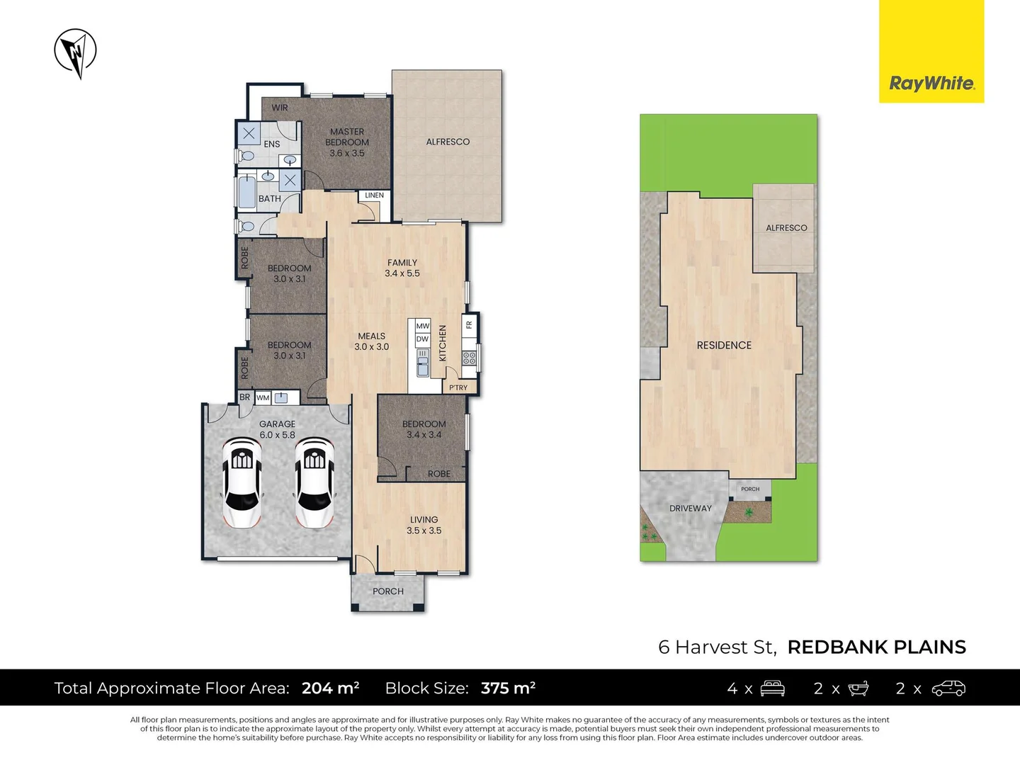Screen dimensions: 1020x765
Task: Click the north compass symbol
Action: (75, 52)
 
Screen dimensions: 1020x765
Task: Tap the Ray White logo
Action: (931, 51)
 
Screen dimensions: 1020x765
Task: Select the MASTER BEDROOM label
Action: (346, 142)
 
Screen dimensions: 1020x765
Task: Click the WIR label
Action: (280, 107)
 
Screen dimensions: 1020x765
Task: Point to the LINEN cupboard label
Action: (374, 195)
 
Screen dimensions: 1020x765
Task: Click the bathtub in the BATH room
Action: (246, 192)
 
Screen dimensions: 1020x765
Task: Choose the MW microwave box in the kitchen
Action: (422, 326)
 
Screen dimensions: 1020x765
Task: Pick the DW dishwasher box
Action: (422, 339)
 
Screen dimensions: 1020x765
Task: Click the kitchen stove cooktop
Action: (469, 358)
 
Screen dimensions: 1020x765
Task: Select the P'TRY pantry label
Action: (458, 387)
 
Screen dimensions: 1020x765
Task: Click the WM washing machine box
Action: (263, 397)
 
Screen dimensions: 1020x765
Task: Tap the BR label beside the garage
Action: (245, 397)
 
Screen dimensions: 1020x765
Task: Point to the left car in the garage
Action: (242, 482)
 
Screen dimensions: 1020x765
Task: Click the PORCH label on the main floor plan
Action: (388, 591)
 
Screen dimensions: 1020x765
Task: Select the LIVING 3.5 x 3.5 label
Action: (424, 525)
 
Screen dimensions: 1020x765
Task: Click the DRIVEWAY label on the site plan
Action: (691, 508)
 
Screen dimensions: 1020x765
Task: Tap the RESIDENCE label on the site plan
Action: (724, 345)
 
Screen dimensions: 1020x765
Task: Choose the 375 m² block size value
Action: (508, 687)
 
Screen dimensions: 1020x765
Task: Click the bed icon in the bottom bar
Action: (772, 688)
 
